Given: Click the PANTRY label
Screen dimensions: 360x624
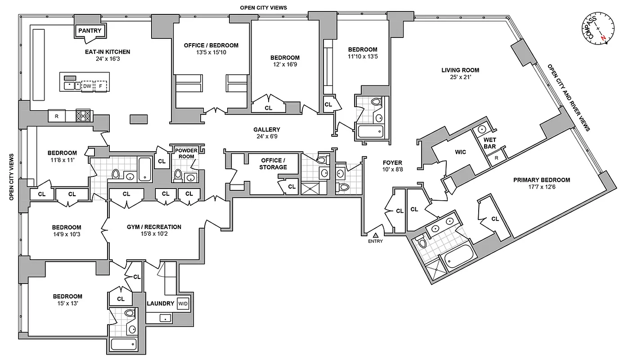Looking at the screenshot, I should click(90, 31).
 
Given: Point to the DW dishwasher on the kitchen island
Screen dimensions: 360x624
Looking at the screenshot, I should click(87, 85).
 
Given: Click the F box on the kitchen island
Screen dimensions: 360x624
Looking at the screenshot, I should click(101, 85).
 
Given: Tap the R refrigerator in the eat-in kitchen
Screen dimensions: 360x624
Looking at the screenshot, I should click(56, 116).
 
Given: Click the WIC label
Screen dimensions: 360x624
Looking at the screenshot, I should click(460, 152).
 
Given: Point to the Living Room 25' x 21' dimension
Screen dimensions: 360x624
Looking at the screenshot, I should click(460, 77).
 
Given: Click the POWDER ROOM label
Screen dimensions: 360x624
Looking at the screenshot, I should click(187, 153).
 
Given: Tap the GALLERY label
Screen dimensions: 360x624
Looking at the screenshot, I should click(266, 129).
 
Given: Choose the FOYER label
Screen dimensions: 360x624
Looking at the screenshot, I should click(392, 162).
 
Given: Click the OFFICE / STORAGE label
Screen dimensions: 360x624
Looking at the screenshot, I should click(273, 164).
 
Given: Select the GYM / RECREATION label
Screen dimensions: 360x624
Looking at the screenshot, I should click(154, 227).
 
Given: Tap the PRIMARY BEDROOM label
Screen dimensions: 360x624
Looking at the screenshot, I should click(541, 180).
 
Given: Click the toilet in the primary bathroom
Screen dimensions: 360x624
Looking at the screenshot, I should click(422, 243).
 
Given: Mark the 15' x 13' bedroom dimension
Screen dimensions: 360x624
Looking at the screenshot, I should click(67, 304).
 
